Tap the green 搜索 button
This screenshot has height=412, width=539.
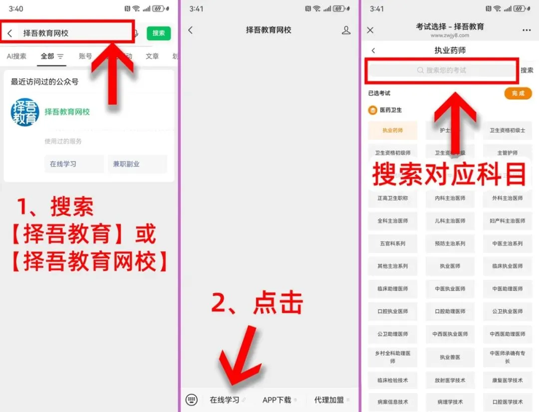point(159,33)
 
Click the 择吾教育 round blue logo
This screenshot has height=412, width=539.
point(25,112)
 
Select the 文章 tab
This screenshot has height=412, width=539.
point(152,56)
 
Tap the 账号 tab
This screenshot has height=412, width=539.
point(85,56)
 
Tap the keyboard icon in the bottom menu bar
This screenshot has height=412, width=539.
point(192,400)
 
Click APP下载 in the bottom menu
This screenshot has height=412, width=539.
point(277,400)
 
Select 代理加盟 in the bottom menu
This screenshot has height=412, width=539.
point(329,400)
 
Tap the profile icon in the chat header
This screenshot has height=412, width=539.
point(346,30)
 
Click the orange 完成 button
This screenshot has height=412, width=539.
point(518,93)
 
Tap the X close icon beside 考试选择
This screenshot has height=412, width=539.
point(370,30)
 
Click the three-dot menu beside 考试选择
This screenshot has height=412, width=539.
point(527,30)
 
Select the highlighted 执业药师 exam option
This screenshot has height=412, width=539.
point(393,130)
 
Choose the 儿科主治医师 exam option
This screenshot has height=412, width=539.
point(450,220)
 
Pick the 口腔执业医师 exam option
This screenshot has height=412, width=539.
point(393,311)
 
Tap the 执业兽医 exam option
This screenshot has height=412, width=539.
point(450,357)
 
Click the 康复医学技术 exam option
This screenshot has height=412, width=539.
point(508,380)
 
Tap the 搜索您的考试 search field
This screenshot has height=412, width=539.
point(442,71)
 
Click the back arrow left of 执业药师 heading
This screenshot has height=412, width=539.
point(373,50)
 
